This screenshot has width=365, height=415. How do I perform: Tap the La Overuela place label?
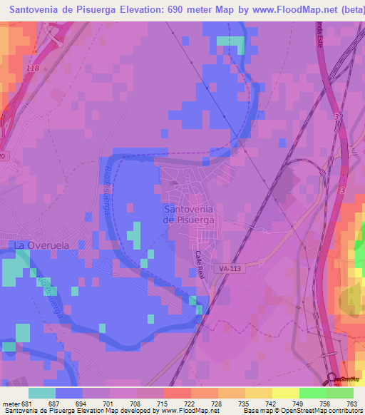click(41, 245)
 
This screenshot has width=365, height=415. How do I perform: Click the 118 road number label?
click(32, 68)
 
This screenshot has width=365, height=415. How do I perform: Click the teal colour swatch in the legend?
click(41, 392)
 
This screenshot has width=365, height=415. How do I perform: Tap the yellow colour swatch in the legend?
click(285, 392)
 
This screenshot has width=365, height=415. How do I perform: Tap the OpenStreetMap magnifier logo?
click(334, 379)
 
